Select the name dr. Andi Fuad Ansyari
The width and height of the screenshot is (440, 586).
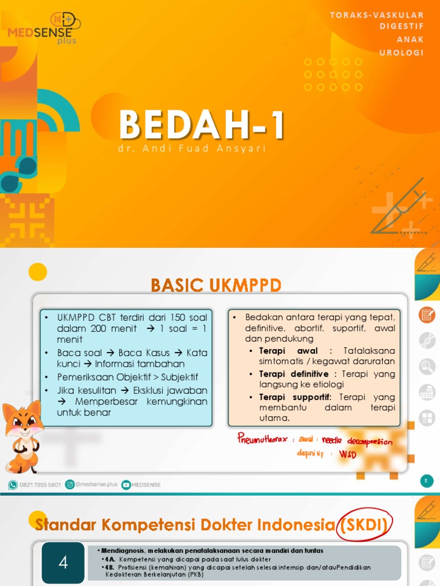pyautogui.click(x=191, y=149)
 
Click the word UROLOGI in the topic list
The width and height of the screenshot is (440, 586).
pyautogui.click(x=402, y=53)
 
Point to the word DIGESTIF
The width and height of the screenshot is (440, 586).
pyautogui.click(x=402, y=27)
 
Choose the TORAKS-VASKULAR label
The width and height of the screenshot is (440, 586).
pyautogui.click(x=376, y=14)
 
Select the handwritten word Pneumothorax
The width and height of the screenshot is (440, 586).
pyautogui.click(x=263, y=439)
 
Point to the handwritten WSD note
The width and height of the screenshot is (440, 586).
pyautogui.click(x=347, y=454)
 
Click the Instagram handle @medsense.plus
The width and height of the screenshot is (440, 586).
pyautogui.click(x=95, y=485)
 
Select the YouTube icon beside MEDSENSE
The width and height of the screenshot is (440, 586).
pyautogui.click(x=125, y=485)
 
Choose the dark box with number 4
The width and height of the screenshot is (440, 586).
pyautogui.click(x=63, y=563)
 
